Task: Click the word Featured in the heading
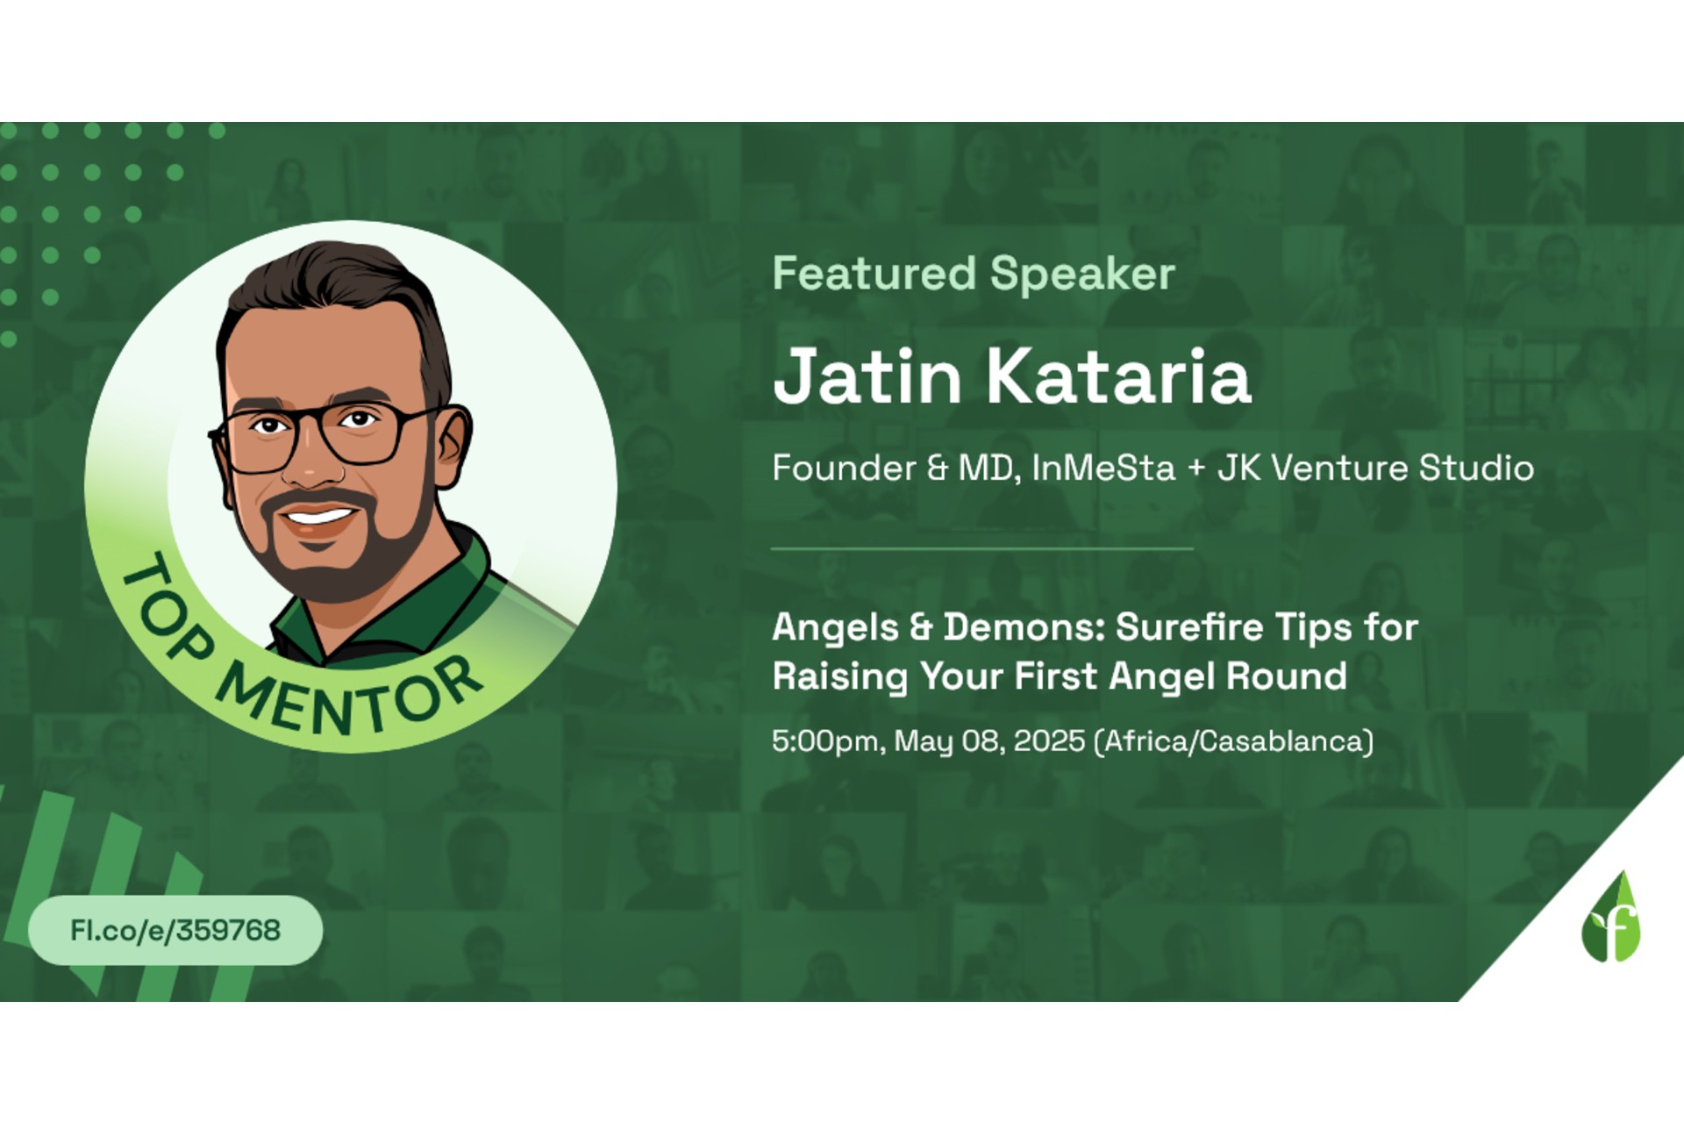coord(874,273)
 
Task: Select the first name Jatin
coord(867,376)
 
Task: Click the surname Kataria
coord(1119,376)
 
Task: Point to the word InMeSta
coord(1102,468)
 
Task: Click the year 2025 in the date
coord(1049,741)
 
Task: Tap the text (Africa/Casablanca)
coord(1234,742)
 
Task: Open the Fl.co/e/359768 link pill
coord(175,930)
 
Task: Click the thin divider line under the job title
coord(982,548)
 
